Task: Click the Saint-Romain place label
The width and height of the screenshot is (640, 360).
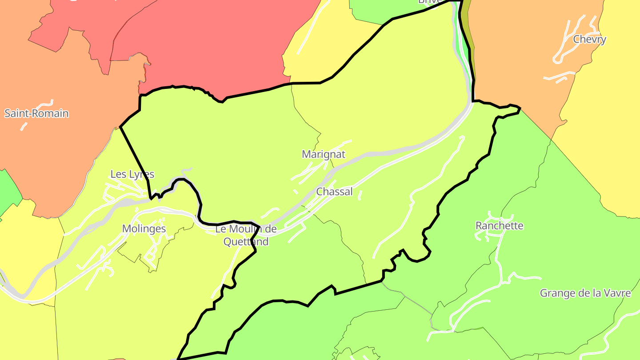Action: pos(36,113)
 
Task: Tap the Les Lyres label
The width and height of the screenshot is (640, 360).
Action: pos(132,174)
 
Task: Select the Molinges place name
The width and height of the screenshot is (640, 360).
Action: pos(144,229)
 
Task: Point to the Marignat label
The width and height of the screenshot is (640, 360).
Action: pos(324,154)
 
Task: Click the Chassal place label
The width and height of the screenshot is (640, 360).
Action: pos(334,192)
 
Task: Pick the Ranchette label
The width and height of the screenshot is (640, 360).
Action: pos(499,226)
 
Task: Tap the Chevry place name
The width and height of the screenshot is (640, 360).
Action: pos(589,39)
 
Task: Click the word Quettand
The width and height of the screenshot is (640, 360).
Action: pos(246,242)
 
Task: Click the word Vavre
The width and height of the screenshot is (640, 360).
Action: pos(618,293)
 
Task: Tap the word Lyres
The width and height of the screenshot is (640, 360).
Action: pos(141,174)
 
